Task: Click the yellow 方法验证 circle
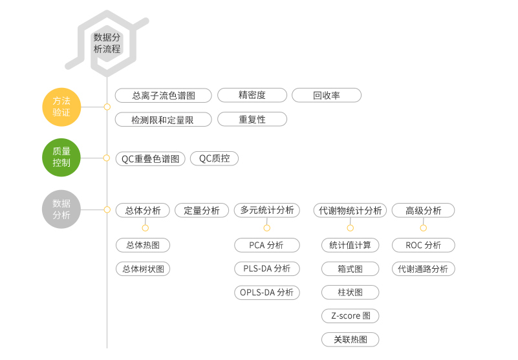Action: point(61,107)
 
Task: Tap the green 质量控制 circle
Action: point(61,158)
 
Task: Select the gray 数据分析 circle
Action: point(61,209)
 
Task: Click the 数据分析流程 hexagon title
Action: point(107,43)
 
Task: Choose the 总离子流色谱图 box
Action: point(164,96)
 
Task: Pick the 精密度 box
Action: point(252,95)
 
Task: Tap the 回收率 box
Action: point(327,95)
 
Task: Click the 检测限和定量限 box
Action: point(164,120)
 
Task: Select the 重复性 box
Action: point(252,119)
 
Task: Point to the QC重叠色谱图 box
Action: point(151,159)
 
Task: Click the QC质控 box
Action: point(214,158)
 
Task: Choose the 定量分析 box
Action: point(202,211)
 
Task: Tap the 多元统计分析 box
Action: point(267,210)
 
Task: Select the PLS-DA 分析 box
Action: point(267,269)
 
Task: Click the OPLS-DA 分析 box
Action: point(267,293)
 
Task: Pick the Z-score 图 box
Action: point(351,316)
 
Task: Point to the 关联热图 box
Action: point(351,339)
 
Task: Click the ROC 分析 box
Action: point(424,246)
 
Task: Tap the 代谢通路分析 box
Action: point(424,269)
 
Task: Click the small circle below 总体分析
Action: point(146,228)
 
